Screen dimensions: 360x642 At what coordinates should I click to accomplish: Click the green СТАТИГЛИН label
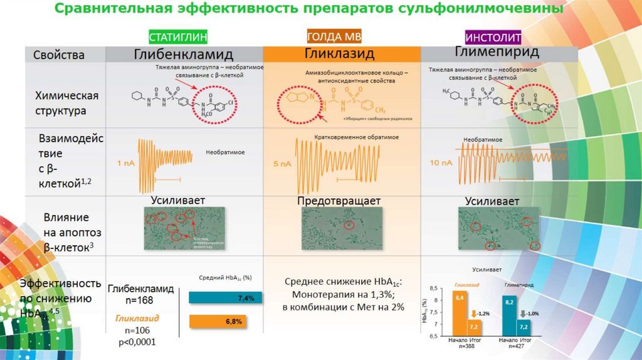click(x=177, y=36)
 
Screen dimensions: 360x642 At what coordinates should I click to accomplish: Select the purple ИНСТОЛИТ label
click(x=494, y=36)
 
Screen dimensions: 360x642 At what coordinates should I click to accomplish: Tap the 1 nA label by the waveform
click(x=125, y=162)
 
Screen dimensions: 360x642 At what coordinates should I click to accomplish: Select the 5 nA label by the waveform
click(x=282, y=164)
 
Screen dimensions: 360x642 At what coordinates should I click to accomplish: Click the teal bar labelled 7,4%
click(x=223, y=299)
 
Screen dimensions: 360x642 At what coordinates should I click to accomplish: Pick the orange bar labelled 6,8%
click(x=216, y=321)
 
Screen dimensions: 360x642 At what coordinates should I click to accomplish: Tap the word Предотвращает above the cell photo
click(x=339, y=201)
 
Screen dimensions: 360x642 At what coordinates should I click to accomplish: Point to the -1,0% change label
click(x=532, y=313)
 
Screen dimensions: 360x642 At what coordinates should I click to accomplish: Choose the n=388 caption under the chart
click(x=466, y=346)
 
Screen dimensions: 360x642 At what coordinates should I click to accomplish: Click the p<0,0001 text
click(x=132, y=342)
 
